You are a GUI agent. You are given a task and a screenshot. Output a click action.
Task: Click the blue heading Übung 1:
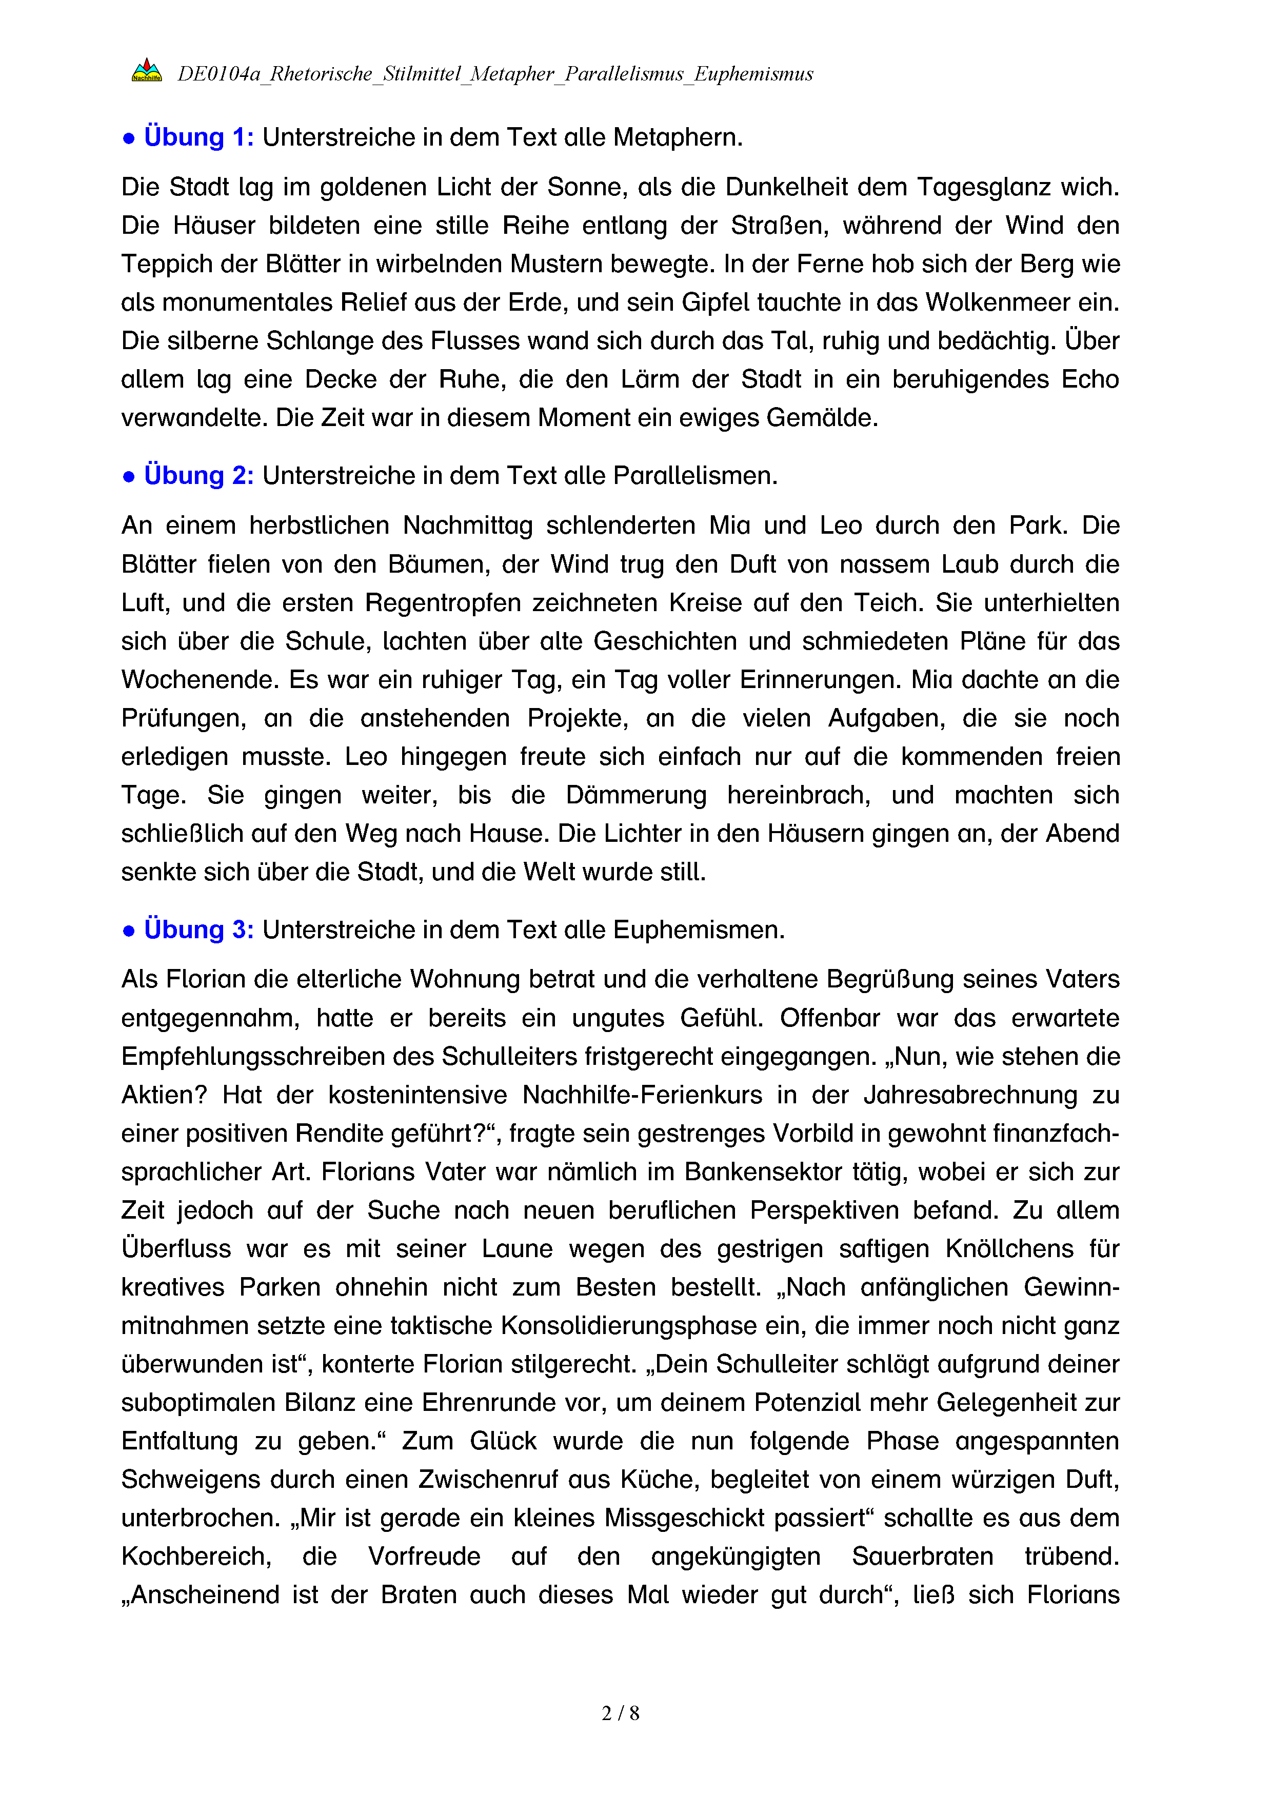pyautogui.click(x=198, y=138)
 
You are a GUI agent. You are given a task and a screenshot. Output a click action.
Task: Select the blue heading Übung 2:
pyautogui.click(x=198, y=476)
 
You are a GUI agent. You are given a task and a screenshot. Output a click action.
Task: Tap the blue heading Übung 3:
pyautogui.click(x=198, y=931)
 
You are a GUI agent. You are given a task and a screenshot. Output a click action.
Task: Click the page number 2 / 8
pyautogui.click(x=620, y=1713)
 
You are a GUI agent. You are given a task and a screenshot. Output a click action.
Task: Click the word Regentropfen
pyautogui.click(x=443, y=603)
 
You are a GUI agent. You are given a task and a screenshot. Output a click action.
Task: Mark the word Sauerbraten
pyautogui.click(x=922, y=1557)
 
